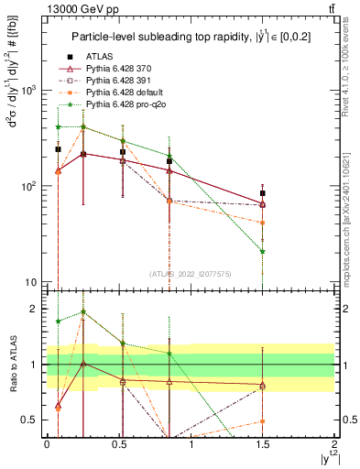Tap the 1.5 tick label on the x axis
coord(263,443)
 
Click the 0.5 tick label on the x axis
coord(118,443)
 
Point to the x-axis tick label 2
coord(335,443)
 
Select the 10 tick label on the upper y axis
coord(32,282)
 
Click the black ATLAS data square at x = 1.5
coord(263,193)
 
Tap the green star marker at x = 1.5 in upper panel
coord(263,251)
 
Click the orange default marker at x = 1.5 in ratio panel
coord(263,421)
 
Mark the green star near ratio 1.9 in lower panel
coord(84,311)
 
